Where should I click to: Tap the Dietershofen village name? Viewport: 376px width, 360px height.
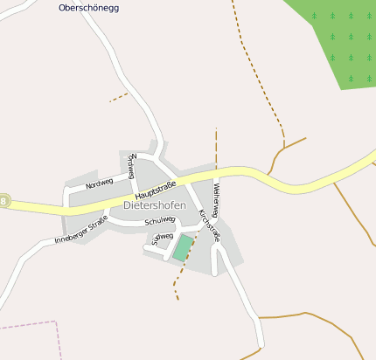point(155,205)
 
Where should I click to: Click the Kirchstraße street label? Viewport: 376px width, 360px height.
point(210,225)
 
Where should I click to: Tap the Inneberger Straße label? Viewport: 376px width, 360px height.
point(80,229)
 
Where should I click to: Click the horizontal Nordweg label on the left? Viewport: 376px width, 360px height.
point(100,183)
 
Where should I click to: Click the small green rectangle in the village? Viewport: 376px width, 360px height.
point(183,247)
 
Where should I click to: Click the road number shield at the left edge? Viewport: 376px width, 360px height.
point(4,201)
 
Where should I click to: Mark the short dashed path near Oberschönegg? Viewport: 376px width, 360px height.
point(118,97)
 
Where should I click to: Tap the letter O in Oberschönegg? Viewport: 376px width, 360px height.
point(62,8)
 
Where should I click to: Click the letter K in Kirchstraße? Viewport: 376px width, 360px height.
point(202,211)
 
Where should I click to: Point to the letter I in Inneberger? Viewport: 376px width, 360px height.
point(56,240)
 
